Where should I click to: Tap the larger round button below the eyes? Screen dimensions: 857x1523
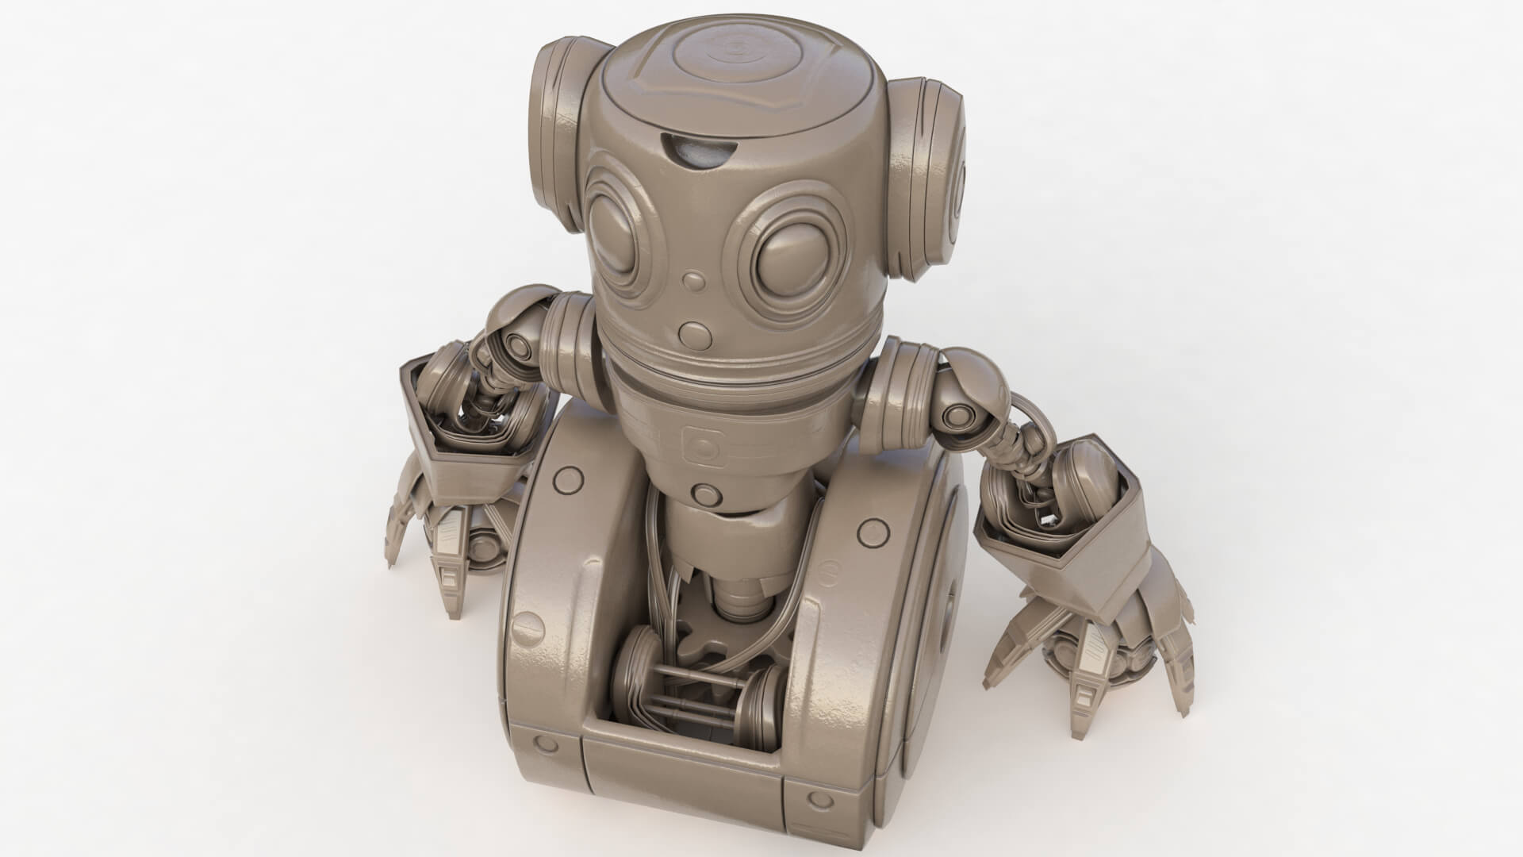tap(695, 333)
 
